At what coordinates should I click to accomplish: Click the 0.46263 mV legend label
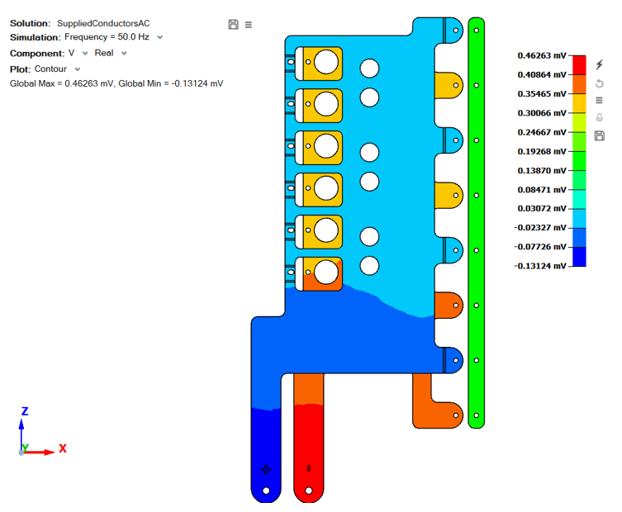(542, 56)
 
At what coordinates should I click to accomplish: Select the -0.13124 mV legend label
(542, 266)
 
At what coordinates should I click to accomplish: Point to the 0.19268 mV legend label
(542, 151)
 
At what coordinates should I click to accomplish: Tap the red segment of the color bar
(579, 65)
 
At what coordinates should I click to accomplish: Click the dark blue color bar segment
(579, 257)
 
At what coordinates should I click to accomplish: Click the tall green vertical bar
(476, 223)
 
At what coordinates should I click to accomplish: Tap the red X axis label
(63, 448)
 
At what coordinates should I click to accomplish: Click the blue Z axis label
(25, 411)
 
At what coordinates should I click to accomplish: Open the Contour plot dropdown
(57, 69)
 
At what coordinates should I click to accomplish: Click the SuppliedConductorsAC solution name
(103, 23)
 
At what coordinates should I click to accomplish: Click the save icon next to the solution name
(233, 25)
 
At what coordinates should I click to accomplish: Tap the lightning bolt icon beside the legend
(600, 64)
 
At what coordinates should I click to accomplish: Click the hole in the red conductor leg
(309, 491)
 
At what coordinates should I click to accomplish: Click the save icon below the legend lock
(600, 135)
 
